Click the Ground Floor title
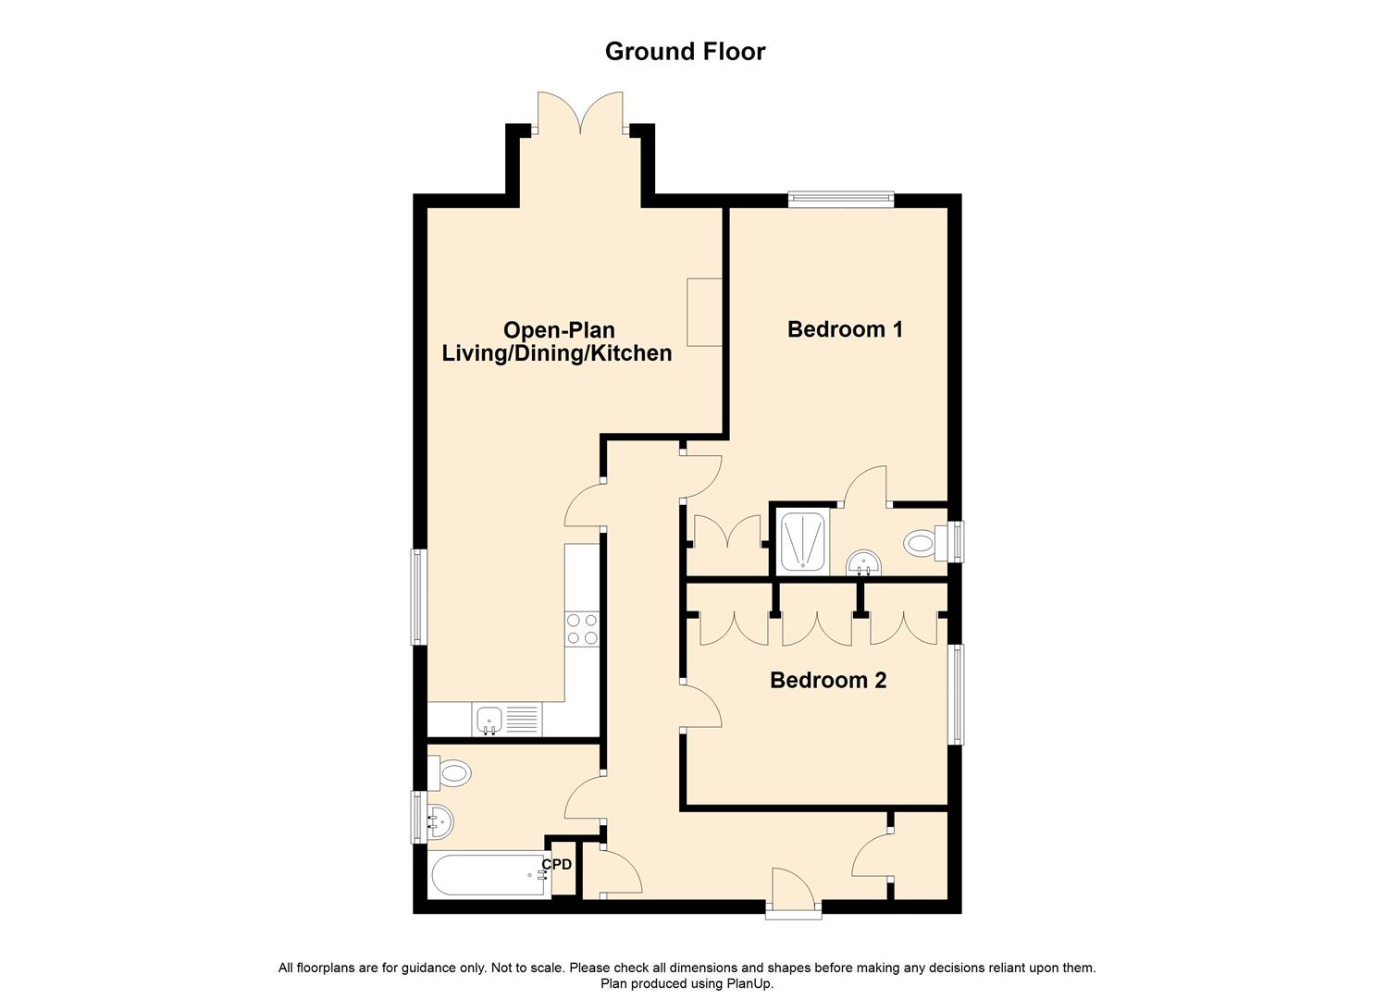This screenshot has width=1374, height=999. (685, 52)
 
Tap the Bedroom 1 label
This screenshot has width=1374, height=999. (845, 329)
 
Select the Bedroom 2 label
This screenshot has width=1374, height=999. (828, 681)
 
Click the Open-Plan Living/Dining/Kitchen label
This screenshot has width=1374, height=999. (557, 341)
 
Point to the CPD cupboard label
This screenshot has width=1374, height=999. (557, 865)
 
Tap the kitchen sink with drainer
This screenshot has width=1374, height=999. (506, 720)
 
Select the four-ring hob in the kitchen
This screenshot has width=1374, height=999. (582, 630)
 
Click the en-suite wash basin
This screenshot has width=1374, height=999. (865, 561)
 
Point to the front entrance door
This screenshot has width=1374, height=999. (793, 892)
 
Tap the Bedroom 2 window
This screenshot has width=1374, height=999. (958, 694)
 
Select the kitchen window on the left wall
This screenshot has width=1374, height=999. (418, 597)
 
